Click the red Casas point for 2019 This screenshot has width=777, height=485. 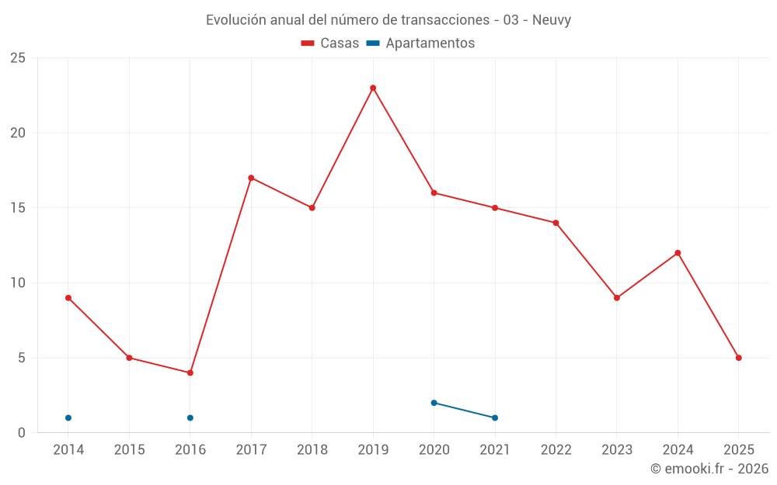point(373,88)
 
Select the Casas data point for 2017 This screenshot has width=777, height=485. point(251,178)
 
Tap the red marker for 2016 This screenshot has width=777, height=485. point(190,372)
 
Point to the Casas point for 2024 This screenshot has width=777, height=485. point(678,253)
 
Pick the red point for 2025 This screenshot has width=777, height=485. point(739,358)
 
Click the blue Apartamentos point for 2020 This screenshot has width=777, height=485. point(434,403)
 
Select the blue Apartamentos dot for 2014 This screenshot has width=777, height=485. point(68,417)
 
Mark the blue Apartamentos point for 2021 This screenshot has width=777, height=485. point(495,417)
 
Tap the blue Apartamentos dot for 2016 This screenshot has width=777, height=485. point(190,417)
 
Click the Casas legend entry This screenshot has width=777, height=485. point(330,43)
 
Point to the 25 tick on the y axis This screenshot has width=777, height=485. point(18,58)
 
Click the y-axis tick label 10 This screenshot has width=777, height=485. point(18,283)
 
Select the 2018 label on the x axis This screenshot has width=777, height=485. point(312,449)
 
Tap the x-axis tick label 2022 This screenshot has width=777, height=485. point(556,449)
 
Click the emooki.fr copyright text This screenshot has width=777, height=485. point(709,469)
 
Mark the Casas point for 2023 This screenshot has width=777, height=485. point(617,298)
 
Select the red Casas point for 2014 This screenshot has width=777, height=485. point(68,298)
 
